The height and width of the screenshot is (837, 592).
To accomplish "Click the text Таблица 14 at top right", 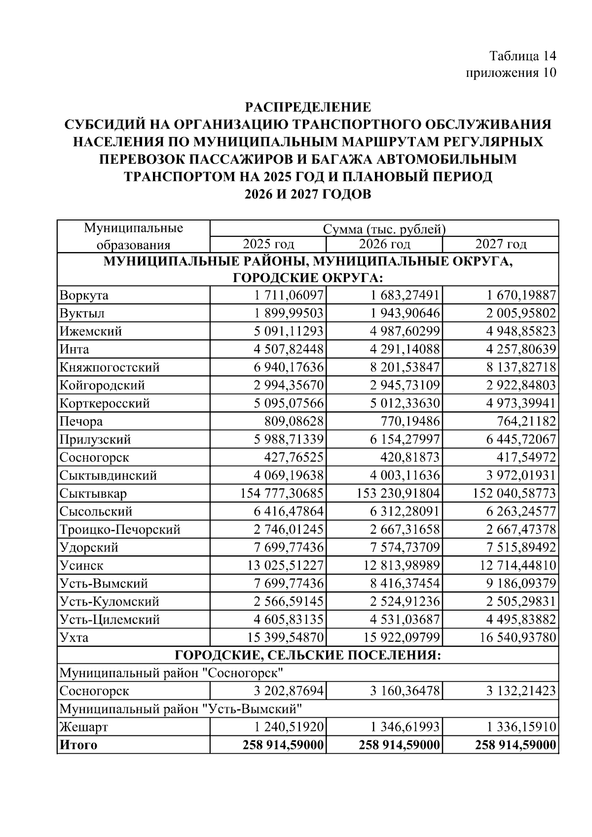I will pyautogui.click(x=522, y=55).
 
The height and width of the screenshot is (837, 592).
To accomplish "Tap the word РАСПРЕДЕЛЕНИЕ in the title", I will pyautogui.click(x=308, y=107).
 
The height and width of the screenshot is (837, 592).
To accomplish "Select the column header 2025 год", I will pyautogui.click(x=268, y=244).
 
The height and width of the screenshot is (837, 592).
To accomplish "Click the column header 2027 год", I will pyautogui.click(x=500, y=244).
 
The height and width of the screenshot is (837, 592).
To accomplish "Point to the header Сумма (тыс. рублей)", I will pyautogui.click(x=384, y=229).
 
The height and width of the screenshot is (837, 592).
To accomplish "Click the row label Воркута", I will pyautogui.click(x=84, y=295).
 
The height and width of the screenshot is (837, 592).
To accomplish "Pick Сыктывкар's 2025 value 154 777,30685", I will pyautogui.click(x=282, y=493).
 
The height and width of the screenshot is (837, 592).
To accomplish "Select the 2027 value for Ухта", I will pyautogui.click(x=518, y=637).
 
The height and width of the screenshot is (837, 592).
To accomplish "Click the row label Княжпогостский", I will pyautogui.click(x=110, y=367).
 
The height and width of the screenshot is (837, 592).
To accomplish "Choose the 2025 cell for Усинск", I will pyautogui.click(x=285, y=565).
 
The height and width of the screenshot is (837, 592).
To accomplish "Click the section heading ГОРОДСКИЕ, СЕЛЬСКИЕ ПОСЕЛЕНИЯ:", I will pyautogui.click(x=308, y=655).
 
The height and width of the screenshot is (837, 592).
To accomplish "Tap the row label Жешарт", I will pyautogui.click(x=83, y=727).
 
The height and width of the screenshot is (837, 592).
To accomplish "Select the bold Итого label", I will pyautogui.click(x=78, y=745).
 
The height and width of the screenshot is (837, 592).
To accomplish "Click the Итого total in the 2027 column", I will pyautogui.click(x=516, y=745).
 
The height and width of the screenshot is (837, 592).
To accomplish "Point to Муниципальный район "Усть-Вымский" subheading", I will pyautogui.click(x=181, y=709).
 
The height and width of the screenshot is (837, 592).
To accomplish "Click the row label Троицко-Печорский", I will pyautogui.click(x=120, y=529).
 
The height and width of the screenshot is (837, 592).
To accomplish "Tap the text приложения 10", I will pyautogui.click(x=511, y=73).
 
